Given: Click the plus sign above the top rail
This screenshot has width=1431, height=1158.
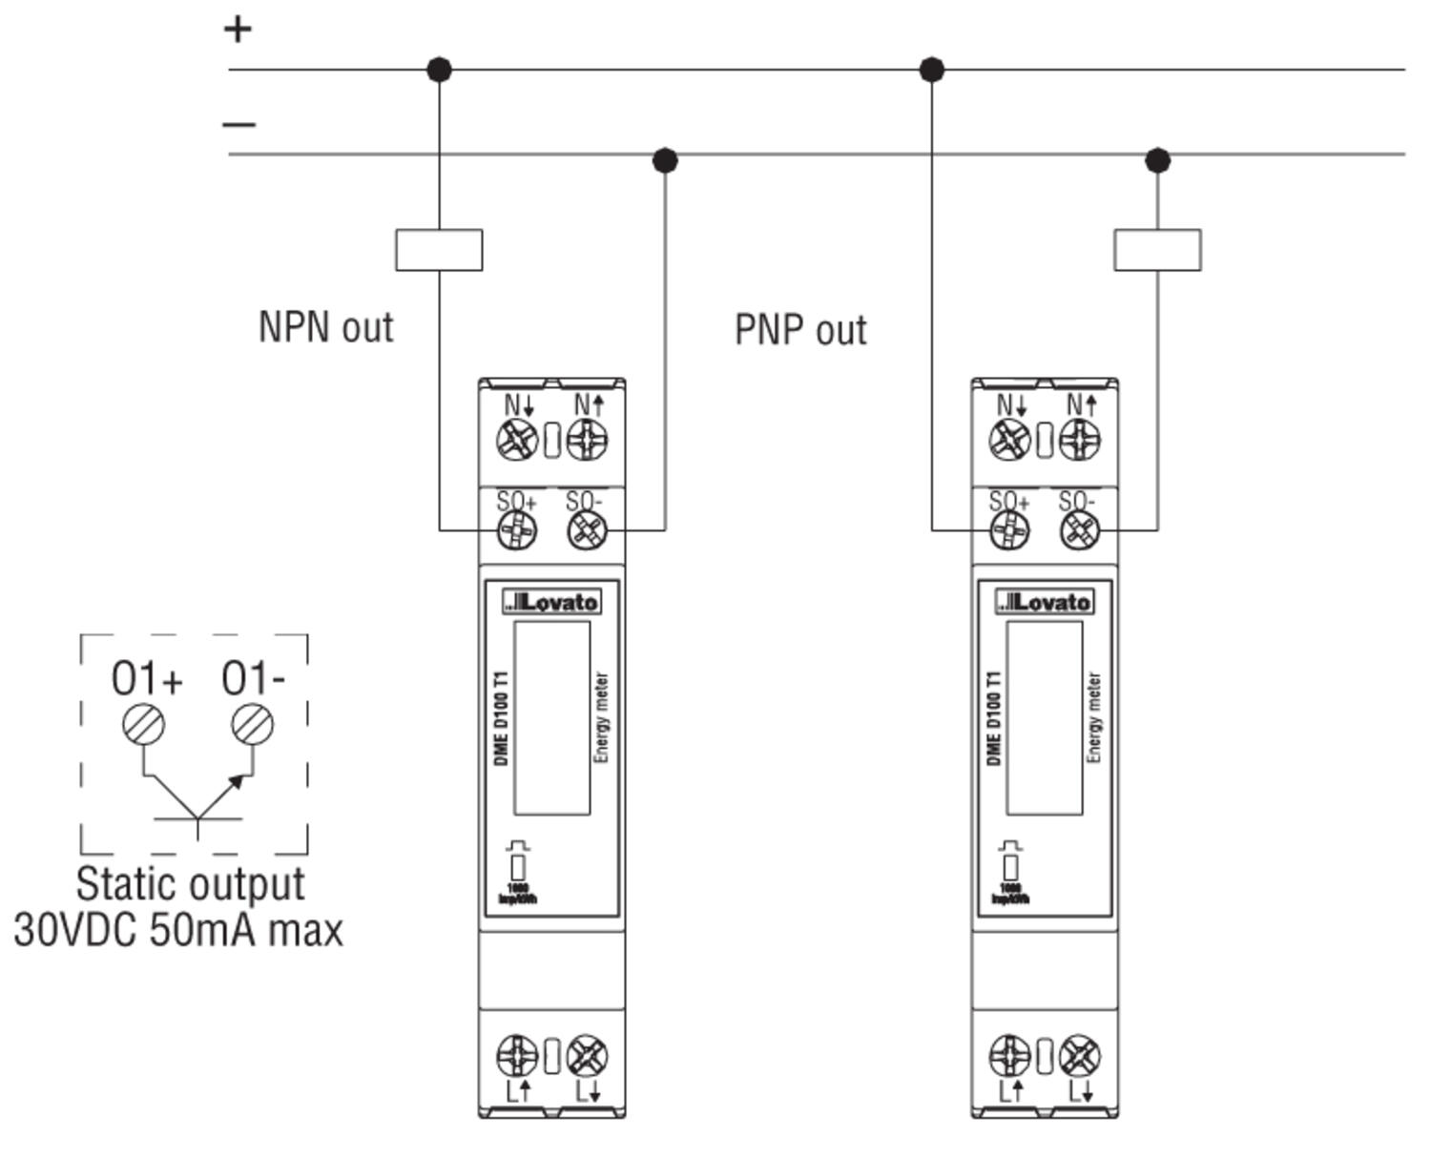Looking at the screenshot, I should click(238, 29).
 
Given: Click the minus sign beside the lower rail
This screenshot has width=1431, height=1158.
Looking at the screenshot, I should click(238, 123).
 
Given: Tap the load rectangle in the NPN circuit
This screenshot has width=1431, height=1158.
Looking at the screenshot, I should click(439, 250).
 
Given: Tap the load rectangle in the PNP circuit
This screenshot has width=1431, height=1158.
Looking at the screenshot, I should click(1157, 250).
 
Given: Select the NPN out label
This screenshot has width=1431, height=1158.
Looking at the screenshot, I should click(325, 327).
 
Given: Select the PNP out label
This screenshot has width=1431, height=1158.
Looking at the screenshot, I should click(800, 330).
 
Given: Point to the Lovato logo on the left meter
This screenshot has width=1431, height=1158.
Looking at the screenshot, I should click(552, 602).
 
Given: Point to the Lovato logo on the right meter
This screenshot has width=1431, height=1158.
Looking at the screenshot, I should click(1045, 602).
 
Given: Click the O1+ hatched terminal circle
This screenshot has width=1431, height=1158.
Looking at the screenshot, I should click(143, 725).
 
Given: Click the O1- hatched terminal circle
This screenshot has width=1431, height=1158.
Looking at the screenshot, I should click(253, 725).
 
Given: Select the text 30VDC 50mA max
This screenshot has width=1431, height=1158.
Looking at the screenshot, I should click(178, 930).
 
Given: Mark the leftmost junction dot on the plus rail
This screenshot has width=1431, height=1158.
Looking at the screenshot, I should click(439, 70).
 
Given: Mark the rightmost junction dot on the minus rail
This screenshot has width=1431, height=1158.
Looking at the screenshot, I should click(1157, 159).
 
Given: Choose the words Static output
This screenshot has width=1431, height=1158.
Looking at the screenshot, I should click(191, 884).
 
